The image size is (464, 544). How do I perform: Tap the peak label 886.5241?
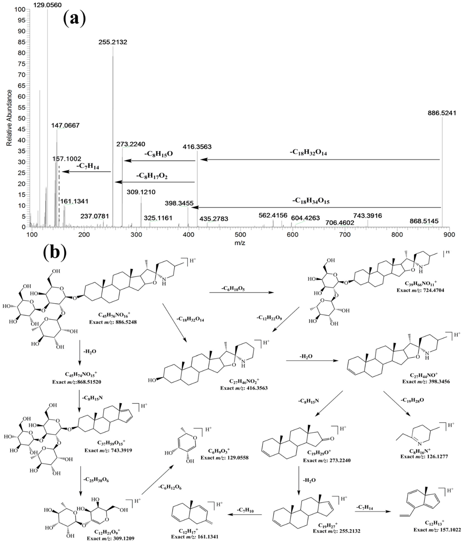pyautogui.click(x=442, y=113)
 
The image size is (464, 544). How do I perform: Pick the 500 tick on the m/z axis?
pyautogui.click(x=240, y=234)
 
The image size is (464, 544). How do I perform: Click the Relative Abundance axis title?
pyautogui.click(x=9, y=118)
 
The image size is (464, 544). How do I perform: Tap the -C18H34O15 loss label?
pyautogui.click(x=311, y=201)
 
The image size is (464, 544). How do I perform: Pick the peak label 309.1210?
pyautogui.click(x=141, y=192)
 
